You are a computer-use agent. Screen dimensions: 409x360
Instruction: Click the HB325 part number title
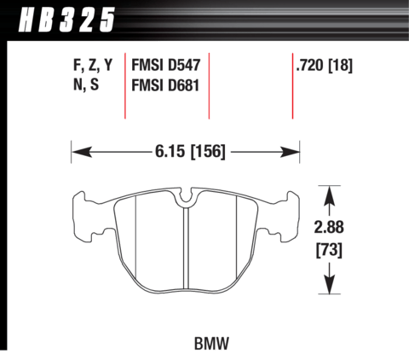(x=66, y=20)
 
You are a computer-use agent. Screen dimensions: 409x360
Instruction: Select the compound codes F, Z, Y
(x=93, y=65)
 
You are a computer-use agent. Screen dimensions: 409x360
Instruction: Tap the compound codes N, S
(x=86, y=84)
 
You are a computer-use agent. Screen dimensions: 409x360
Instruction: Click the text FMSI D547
(x=166, y=65)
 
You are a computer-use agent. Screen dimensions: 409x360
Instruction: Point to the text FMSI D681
(x=165, y=85)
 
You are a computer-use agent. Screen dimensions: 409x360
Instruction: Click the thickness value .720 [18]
(x=324, y=65)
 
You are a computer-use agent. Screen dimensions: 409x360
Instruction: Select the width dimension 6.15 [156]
(x=190, y=151)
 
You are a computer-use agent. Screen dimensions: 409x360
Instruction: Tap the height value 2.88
(x=329, y=227)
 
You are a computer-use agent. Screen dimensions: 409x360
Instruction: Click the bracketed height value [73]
(x=329, y=249)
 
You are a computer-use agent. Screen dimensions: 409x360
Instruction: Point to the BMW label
(x=211, y=343)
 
